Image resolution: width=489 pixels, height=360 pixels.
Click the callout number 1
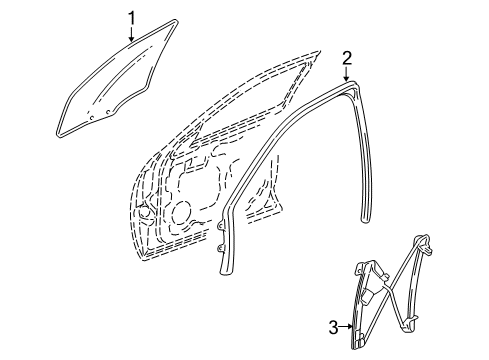tap(131, 17)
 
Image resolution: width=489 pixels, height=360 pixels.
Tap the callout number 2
tap(347, 57)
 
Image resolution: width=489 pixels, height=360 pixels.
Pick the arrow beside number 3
tap(346, 325)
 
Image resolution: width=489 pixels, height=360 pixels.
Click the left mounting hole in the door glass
tap(90, 117)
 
